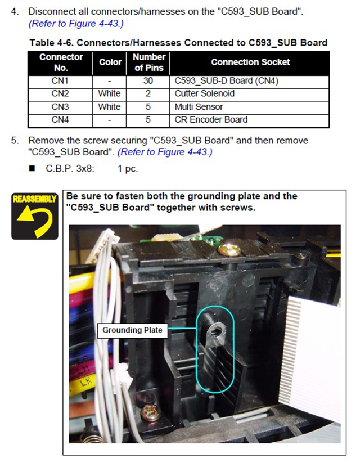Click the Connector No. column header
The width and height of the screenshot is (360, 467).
pyautogui.click(x=61, y=62)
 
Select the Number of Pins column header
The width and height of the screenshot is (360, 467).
pyautogui.click(x=148, y=62)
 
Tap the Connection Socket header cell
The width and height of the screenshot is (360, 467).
pyautogui.click(x=250, y=62)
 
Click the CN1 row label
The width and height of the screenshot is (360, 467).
pyautogui.click(x=60, y=80)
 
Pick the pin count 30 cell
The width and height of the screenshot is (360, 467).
pyautogui.click(x=148, y=80)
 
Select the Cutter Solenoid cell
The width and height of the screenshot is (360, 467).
pyautogui.click(x=205, y=93)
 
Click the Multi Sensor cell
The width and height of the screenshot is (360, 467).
pyautogui.click(x=199, y=107)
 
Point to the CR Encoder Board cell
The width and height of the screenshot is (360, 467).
pyautogui.click(x=211, y=120)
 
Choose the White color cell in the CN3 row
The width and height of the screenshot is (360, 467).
pyautogui.click(x=109, y=107)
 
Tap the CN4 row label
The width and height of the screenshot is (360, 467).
pyautogui.click(x=60, y=120)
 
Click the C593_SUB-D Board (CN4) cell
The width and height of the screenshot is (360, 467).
pyautogui.click(x=226, y=80)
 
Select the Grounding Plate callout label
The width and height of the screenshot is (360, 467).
pyautogui.click(x=132, y=330)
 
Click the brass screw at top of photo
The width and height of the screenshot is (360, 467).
pyautogui.click(x=229, y=250)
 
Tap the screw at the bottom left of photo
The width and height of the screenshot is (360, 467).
pyautogui.click(x=151, y=412)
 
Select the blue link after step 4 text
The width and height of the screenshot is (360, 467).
pyautogui.click(x=76, y=24)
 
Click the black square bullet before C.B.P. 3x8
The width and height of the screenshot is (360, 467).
pyautogui.click(x=32, y=169)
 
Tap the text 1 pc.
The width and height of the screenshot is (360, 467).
pyautogui.click(x=128, y=169)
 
